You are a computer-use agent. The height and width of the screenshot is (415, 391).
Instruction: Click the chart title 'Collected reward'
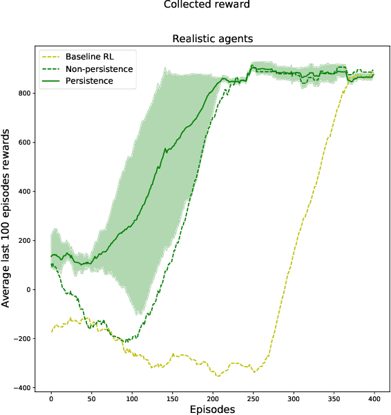(x=207, y=6)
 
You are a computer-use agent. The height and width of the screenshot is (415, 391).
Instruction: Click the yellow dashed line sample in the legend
(x=53, y=56)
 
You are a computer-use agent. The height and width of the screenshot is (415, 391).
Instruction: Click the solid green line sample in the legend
(x=53, y=81)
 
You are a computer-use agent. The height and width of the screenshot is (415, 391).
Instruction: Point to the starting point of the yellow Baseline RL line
(x=51, y=331)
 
